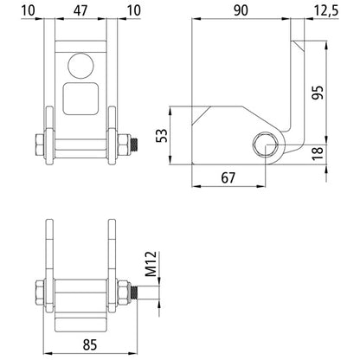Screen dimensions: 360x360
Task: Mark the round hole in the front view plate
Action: tap(80, 64)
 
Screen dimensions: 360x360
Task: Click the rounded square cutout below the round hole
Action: tap(80, 100)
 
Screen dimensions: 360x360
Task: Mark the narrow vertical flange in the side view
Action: tap(299, 95)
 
